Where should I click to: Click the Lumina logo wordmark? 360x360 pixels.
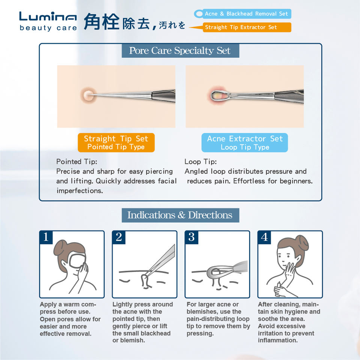[x=48, y=16]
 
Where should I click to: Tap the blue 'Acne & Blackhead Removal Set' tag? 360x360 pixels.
[x=243, y=14]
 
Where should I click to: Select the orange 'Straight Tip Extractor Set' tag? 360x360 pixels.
[x=247, y=27]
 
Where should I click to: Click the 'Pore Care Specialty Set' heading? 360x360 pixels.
[x=180, y=51]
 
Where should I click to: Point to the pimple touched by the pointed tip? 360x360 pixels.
[x=88, y=94]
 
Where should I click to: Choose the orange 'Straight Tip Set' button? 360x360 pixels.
[x=116, y=142]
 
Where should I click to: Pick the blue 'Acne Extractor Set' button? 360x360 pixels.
[x=245, y=142]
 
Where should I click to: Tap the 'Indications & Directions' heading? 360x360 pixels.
[x=180, y=215]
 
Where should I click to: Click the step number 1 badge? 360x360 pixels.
[x=46, y=237]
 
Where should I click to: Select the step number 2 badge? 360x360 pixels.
[x=119, y=237]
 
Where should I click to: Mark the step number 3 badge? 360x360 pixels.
[x=192, y=237]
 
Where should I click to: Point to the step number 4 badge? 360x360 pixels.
[x=264, y=237]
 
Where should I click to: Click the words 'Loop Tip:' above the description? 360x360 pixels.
[x=201, y=162]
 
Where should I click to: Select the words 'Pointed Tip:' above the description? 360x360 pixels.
[x=76, y=162]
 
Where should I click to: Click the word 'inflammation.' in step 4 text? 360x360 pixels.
[x=278, y=340]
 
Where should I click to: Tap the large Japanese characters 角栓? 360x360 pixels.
[x=102, y=22]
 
